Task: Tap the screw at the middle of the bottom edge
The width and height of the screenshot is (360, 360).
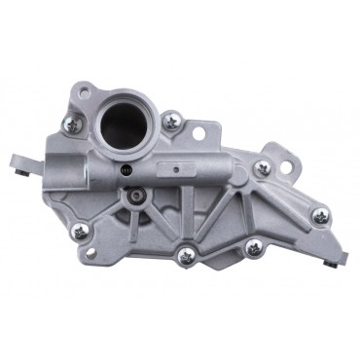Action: [185, 256]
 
